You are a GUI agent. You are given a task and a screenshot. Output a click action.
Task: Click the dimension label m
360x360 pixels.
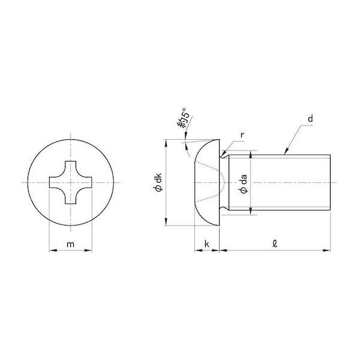pyautogui.click(x=70, y=244)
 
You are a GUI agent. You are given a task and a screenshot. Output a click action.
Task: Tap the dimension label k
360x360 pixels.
pyautogui.click(x=207, y=244)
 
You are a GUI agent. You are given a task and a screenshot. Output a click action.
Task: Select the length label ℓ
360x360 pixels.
pyautogui.click(x=275, y=244)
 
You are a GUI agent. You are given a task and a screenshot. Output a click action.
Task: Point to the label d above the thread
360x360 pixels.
pyautogui.click(x=310, y=119)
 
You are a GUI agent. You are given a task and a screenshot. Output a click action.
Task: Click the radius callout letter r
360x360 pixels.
pyautogui.click(x=242, y=136)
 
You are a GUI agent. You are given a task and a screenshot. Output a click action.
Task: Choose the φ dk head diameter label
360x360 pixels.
pyautogui.click(x=158, y=182)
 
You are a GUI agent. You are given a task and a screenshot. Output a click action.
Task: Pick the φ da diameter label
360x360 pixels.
pyautogui.click(x=244, y=184)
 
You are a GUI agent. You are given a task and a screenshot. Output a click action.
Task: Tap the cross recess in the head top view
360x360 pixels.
pyautogui.click(x=70, y=182)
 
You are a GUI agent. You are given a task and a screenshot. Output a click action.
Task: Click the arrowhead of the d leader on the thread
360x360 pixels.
pyautogui.click(x=286, y=152)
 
